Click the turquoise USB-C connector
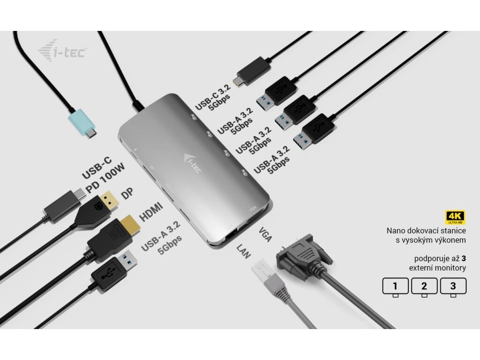point(82,123)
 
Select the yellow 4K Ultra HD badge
point(454,217)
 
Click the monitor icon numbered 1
point(395,286)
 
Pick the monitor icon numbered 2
point(424,286)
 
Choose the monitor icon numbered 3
point(453,286)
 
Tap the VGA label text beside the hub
point(265,234)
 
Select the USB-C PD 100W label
point(102,174)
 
